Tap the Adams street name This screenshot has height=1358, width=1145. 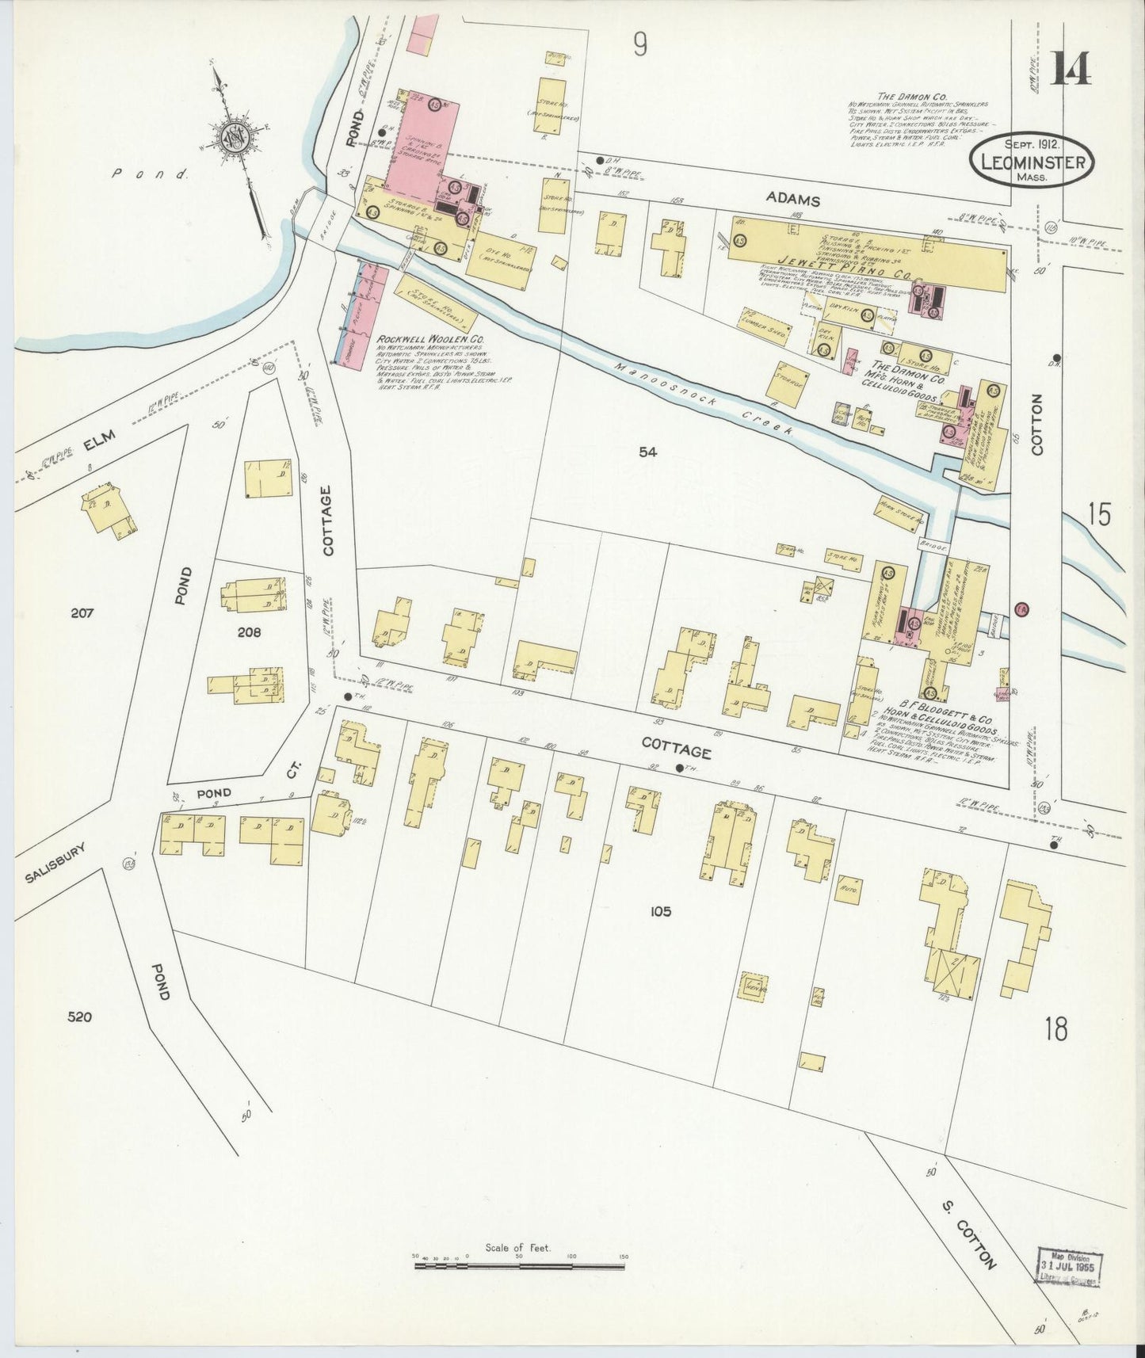(x=793, y=200)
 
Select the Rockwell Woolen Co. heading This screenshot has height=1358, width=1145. (x=432, y=339)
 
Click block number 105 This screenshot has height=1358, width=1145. (x=661, y=911)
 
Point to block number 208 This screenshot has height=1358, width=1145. (x=248, y=632)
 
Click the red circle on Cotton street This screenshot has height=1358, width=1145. (x=1021, y=608)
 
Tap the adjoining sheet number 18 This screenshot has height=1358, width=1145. (x=1055, y=1028)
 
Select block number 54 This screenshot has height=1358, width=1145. (x=648, y=452)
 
